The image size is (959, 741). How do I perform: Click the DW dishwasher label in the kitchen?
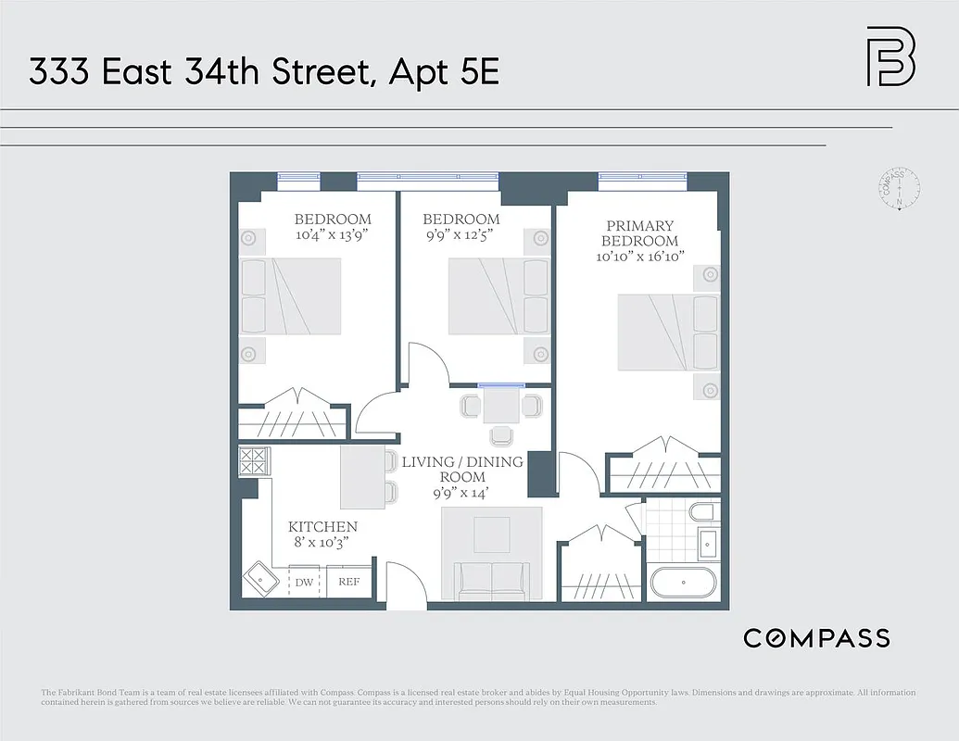(x=305, y=583)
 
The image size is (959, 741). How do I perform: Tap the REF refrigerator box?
(x=349, y=582)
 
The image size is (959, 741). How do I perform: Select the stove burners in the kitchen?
(x=252, y=460)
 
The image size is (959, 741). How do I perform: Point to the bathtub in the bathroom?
(x=683, y=584)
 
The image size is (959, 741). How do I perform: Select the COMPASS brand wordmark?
(x=816, y=637)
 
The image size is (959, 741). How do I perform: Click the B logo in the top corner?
(x=890, y=57)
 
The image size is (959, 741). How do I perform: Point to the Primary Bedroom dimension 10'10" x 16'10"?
(x=640, y=257)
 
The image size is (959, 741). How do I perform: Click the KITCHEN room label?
(x=322, y=526)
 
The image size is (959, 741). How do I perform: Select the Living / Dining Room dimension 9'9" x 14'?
(x=461, y=494)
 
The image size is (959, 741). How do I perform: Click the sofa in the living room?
(x=491, y=579)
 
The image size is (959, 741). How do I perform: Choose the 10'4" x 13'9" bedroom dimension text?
(x=333, y=234)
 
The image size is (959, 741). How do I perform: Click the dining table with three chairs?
(x=501, y=407)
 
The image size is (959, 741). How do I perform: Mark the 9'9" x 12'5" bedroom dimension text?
(x=461, y=234)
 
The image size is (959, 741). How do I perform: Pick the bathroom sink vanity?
(x=708, y=545)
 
